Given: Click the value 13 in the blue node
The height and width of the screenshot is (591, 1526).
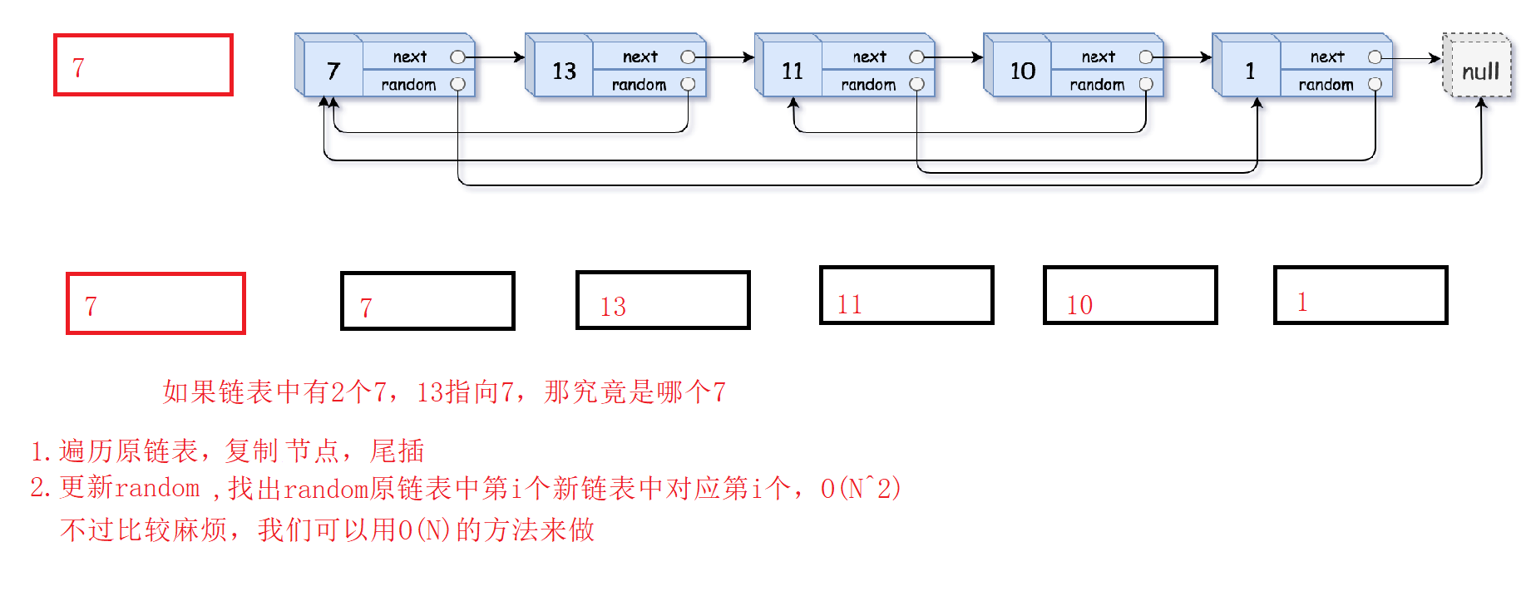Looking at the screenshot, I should coord(564,71).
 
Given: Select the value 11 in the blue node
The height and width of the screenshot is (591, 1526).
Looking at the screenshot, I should coord(792,71).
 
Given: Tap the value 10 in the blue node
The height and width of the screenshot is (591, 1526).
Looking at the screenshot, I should coord(1022,71).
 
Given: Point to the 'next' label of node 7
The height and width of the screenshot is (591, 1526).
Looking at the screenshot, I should coord(409,57).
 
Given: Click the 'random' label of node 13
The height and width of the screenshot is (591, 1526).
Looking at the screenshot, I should coord(639,85).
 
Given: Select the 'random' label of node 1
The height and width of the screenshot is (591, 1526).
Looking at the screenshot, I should coord(1326,85).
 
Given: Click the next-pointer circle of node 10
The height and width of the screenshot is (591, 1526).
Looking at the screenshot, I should coord(1146,57).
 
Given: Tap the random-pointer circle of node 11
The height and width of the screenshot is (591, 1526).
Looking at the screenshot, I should coord(916,84).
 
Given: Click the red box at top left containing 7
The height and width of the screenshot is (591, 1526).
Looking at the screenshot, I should coord(143,65).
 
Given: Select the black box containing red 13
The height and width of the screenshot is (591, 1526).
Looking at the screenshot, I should coord(663,300).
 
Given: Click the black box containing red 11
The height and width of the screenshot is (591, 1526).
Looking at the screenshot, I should coord(906,295).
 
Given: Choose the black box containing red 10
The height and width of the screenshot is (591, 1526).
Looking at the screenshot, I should coord(1130,295).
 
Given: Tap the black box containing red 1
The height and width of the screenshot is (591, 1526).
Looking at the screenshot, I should coord(1361,295).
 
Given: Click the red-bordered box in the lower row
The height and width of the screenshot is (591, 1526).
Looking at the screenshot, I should coord(156,303).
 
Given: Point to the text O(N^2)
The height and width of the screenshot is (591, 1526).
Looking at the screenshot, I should coord(860,488).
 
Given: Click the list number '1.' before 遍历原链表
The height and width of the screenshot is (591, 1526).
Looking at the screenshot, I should coord(42,451).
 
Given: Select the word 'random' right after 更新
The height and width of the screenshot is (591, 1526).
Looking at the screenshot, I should coord(157,488).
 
